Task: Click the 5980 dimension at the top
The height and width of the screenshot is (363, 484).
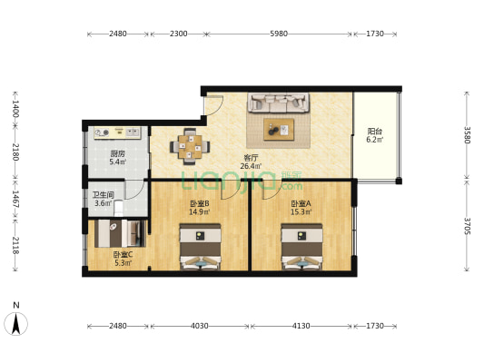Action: coord(279,34)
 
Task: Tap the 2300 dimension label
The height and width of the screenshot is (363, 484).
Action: coord(178,34)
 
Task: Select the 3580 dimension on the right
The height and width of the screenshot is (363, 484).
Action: coord(467,135)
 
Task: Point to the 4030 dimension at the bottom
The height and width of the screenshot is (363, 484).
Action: coord(200,326)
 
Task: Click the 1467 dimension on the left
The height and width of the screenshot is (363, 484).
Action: coord(15,199)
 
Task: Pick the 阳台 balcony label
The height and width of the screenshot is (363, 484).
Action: coord(375,131)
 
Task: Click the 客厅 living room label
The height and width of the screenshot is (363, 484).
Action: coord(251,158)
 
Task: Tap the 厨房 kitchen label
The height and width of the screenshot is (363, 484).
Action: coord(118,153)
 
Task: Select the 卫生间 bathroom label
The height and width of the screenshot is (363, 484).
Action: coord(104,195)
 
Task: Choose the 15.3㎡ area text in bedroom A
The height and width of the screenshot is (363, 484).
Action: coord(301,211)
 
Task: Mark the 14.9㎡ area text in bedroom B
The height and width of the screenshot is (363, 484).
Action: coord(200,211)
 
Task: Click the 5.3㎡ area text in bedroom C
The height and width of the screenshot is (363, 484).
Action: coord(123,263)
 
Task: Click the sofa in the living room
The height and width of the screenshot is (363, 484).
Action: coord(279,103)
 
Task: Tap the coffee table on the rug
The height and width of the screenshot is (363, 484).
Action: coord(279,130)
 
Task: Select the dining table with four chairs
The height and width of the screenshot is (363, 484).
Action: coord(190,146)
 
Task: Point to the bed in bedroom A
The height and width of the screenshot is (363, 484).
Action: coord(301,247)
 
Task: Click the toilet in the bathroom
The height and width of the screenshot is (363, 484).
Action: coord(118,208)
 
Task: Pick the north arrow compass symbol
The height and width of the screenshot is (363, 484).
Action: coord(16,324)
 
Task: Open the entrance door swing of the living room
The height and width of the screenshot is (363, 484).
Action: coord(213,105)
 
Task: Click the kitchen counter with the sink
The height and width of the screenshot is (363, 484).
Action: coord(117,132)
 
